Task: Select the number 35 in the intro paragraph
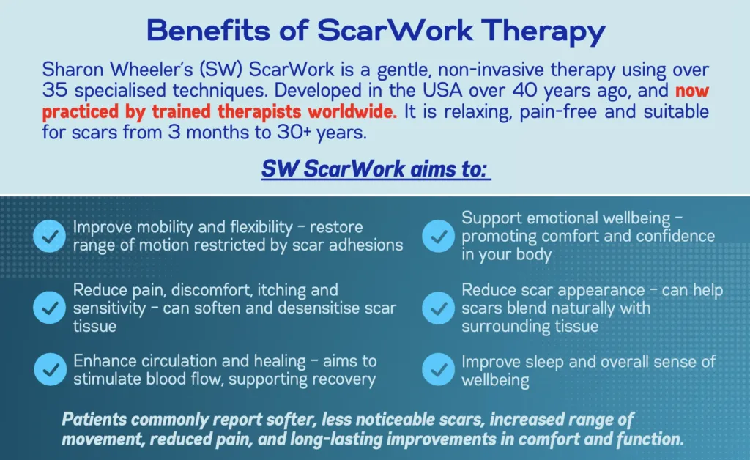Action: point(56,90)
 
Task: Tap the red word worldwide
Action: point(352,111)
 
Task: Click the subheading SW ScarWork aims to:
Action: point(376,168)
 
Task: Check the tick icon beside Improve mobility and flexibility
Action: point(49,236)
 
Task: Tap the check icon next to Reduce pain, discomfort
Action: point(49,308)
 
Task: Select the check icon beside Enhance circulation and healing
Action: point(51,369)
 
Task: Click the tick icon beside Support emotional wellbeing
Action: point(438,236)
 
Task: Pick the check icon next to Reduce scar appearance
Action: point(438,308)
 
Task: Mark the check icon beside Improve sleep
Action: point(438,369)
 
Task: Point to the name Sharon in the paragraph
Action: point(73,70)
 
